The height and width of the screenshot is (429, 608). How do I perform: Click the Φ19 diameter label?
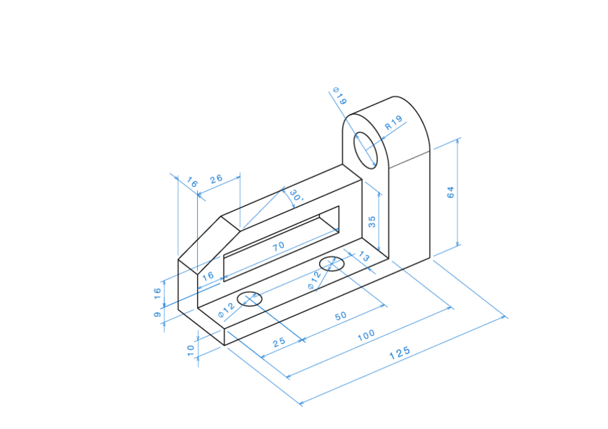340,97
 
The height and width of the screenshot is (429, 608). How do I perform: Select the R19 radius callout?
394,123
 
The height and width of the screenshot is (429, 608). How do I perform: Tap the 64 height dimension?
450,193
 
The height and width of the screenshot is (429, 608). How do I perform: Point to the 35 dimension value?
371,221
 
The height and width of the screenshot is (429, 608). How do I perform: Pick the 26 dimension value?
216,179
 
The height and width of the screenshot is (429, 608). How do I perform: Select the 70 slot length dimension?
278,246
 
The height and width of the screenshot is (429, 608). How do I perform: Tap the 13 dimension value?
364,256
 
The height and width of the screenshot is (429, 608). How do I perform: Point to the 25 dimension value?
279,342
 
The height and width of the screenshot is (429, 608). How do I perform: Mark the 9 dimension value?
158,314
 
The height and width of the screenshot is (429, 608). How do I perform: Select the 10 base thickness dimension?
191,350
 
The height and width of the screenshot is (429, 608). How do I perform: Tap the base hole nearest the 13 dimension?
332,263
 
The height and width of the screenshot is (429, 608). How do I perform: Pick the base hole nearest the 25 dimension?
250,298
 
